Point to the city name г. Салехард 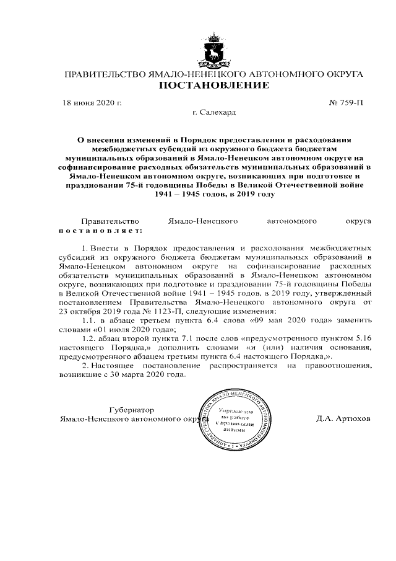click(x=214, y=113)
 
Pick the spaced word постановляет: click(x=100, y=231)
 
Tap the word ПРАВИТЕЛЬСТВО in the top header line click(x=106, y=74)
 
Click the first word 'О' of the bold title click(x=80, y=141)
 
